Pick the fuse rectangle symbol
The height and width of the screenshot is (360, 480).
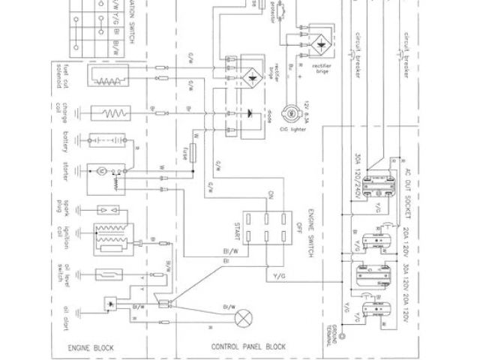[x=195, y=155]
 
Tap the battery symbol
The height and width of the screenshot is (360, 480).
[x=105, y=140]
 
